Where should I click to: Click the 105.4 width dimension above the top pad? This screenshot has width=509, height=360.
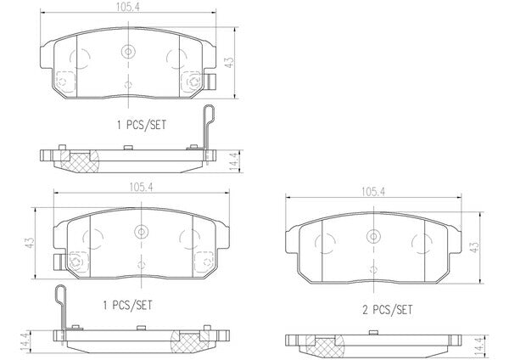pyautogui.click(x=128, y=8)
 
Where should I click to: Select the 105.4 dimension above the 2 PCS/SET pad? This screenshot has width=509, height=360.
pyautogui.click(x=373, y=192)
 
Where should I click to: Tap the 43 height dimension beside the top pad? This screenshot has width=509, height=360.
pyautogui.click(x=229, y=62)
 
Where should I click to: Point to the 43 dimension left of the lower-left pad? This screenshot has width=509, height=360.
pyautogui.click(x=30, y=243)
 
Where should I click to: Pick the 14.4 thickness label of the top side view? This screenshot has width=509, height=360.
pyautogui.click(x=234, y=161)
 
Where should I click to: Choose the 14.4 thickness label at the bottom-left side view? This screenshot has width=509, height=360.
pyautogui.click(x=25, y=342)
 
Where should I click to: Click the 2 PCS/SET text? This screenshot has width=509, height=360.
pyautogui.click(x=388, y=310)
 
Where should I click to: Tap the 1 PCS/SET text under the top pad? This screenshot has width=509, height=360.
pyautogui.click(x=142, y=125)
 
